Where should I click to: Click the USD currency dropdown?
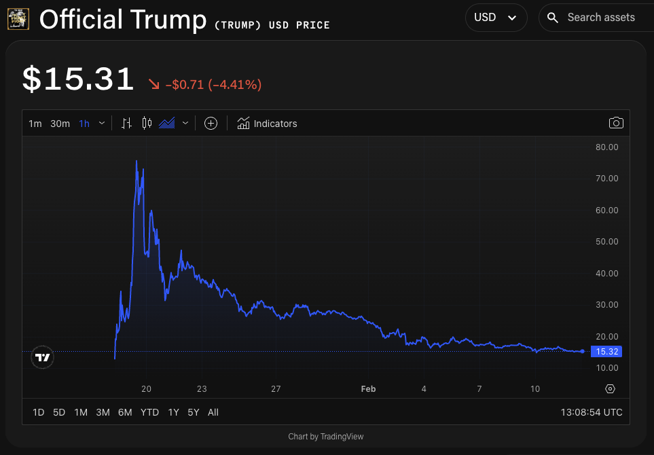[x=496, y=18]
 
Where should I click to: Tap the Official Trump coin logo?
[x=18, y=19]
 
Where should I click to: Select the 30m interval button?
[x=60, y=124]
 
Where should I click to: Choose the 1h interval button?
[x=84, y=124]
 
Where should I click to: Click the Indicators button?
[x=267, y=124]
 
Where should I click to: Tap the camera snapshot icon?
[x=616, y=123]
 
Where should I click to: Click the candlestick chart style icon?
[x=147, y=123]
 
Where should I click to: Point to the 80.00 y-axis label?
[x=606, y=147]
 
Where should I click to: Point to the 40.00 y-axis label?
[x=606, y=273]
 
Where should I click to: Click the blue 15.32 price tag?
[x=606, y=352]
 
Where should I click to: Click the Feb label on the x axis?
[x=368, y=389]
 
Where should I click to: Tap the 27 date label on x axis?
[x=276, y=389]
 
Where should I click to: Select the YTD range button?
[x=149, y=412]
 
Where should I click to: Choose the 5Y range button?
[x=194, y=412]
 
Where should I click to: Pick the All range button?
[x=213, y=412]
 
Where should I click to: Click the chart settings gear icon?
[x=610, y=389]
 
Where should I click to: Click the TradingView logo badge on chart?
[x=43, y=357]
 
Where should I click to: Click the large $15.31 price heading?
[x=78, y=79]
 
